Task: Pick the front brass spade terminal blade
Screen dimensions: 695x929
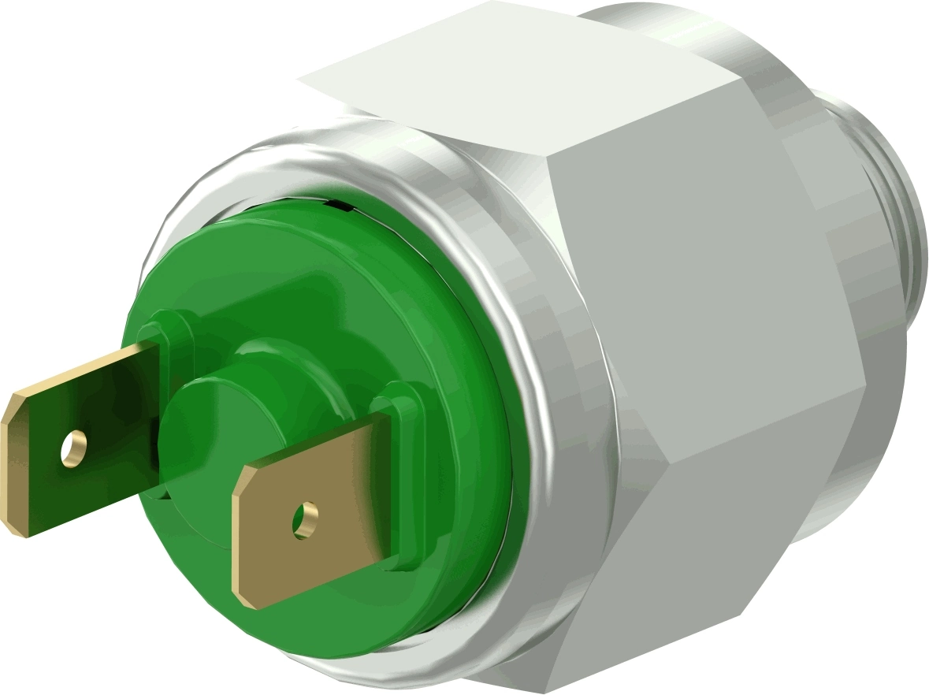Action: tap(315, 512)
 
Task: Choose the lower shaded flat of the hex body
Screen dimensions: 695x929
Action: tap(709, 544)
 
